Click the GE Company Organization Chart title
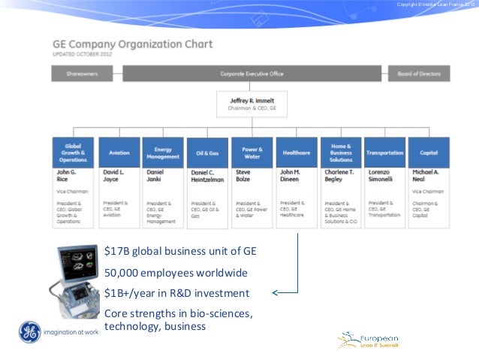[132, 44]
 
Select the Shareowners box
[83, 74]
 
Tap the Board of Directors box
[418, 74]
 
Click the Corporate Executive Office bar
[252, 74]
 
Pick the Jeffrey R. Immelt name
[252, 101]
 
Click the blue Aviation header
[119, 153]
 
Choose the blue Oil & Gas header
[207, 153]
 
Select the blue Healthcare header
[296, 153]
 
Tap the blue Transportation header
[384, 153]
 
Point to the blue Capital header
[429, 153]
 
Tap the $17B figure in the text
[116, 251]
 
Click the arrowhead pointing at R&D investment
[275, 292]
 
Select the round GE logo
[29, 331]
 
